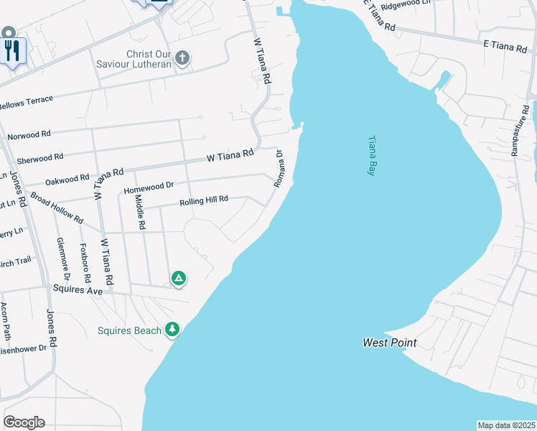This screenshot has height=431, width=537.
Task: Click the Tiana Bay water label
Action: pos(372,156)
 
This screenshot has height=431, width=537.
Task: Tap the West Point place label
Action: pos(389,343)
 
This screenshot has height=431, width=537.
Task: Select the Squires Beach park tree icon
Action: pos(172,330)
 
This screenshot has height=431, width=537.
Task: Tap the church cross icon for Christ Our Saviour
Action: pos(182,58)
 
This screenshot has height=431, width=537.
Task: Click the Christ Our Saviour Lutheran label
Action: pos(135,59)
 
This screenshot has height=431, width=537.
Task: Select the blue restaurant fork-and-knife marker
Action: pos(12,50)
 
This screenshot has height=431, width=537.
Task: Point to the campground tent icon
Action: pos(178,278)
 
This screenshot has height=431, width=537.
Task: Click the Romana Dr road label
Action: pos(279,169)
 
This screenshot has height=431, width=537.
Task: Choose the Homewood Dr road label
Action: pos(149,187)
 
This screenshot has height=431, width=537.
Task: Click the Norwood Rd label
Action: pos(29,134)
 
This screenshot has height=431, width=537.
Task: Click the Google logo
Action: pos(24,422)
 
